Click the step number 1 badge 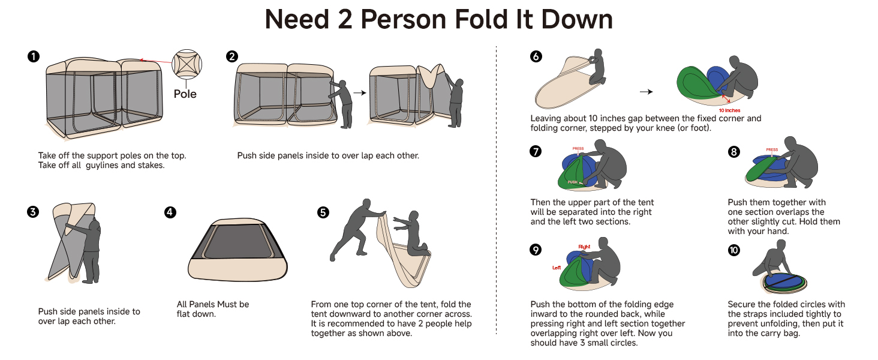coord(34,56)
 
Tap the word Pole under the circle coord(185,94)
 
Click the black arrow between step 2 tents coord(359,93)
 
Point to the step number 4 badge coord(170,212)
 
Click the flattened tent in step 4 coord(238,252)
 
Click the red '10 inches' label coord(729,110)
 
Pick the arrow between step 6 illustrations coord(646,92)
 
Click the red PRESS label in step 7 coord(578,148)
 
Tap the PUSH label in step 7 coord(573,181)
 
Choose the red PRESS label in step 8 coord(772,150)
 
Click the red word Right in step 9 coord(584,247)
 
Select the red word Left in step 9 coord(557,268)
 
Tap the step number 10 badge coord(733,250)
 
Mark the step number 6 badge coord(536,56)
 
